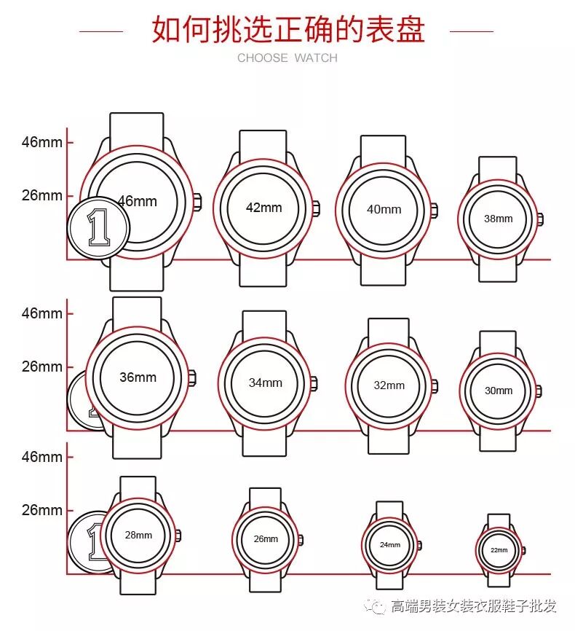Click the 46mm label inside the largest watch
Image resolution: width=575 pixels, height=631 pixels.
[x=137, y=200]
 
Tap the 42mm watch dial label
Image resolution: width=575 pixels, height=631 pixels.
[x=263, y=208]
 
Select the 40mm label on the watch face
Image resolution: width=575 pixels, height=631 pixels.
[x=384, y=209]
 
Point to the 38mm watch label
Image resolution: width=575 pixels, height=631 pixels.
[x=499, y=219]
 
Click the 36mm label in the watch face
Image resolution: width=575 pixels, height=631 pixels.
[x=138, y=377]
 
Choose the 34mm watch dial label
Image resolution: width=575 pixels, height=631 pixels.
[x=265, y=383]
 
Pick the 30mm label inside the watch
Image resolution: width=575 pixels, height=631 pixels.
[x=499, y=391]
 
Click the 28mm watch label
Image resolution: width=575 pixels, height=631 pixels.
[x=138, y=535]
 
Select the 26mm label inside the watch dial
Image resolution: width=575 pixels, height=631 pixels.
[x=266, y=539]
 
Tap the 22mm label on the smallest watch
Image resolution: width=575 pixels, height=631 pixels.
[x=499, y=550]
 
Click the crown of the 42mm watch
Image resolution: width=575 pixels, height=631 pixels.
[x=317, y=207]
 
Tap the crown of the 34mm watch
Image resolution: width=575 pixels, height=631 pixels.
[x=314, y=383]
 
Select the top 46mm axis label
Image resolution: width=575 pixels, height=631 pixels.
[x=41, y=142]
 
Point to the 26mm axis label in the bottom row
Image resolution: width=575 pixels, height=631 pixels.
[x=41, y=510]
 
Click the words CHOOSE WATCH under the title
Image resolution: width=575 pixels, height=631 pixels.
[x=287, y=58]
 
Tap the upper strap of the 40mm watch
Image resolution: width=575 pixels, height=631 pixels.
[x=383, y=149]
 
